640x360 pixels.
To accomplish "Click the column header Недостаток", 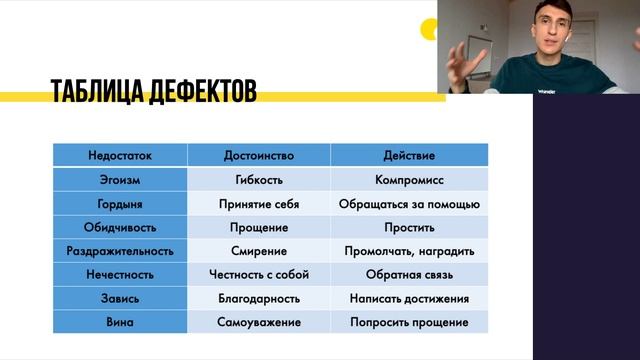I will click(120, 156).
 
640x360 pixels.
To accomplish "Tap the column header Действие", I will click(409, 156).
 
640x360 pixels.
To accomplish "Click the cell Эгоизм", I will click(120, 180).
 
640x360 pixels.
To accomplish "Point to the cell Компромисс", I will click(409, 180).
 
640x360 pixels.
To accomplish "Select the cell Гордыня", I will click(120, 203).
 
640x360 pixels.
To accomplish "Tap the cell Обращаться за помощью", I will click(409, 203).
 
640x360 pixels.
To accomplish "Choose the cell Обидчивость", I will click(120, 227).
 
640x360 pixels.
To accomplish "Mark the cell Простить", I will click(409, 227).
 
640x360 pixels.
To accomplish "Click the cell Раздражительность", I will click(120, 251).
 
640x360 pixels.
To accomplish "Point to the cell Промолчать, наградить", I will click(409, 251).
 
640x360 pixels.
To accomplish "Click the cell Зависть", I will click(120, 299).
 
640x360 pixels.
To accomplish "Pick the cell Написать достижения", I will click(409, 299).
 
